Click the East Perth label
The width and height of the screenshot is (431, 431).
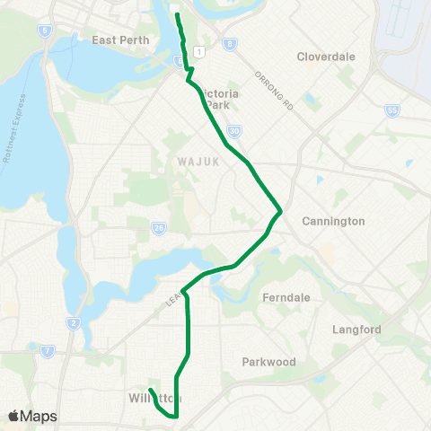(119, 40)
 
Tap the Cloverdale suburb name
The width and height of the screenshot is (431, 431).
(326, 57)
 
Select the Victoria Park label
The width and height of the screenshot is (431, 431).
(217, 99)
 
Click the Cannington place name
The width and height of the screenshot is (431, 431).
(333, 221)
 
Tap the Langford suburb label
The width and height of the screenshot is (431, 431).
(357, 330)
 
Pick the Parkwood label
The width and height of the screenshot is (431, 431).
(268, 362)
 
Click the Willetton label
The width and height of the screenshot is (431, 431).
(154, 398)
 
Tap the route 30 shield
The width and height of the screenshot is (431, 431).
(233, 131)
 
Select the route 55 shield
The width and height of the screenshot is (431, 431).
(391, 110)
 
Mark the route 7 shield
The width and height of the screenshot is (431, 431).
(48, 349)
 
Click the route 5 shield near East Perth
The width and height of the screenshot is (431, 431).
(43, 30)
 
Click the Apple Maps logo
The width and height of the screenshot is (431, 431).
(32, 416)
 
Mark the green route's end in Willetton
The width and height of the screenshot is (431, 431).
(150, 390)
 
